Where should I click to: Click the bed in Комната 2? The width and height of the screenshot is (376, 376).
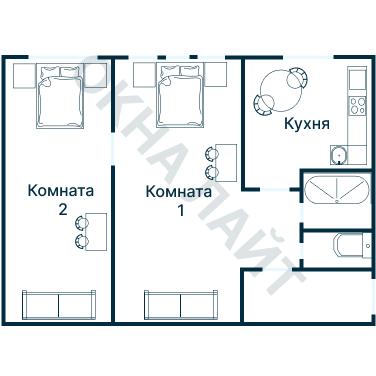click(60, 98)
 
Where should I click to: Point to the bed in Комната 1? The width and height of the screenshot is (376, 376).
click(179, 98)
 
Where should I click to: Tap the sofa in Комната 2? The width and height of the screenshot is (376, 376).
click(59, 304)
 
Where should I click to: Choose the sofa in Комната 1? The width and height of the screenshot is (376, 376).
click(180, 304)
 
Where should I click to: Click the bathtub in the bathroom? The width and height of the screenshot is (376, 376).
click(333, 191)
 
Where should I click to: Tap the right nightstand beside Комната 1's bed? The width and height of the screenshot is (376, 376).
click(216, 75)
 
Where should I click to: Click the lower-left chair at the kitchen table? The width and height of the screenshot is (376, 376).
click(264, 103)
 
